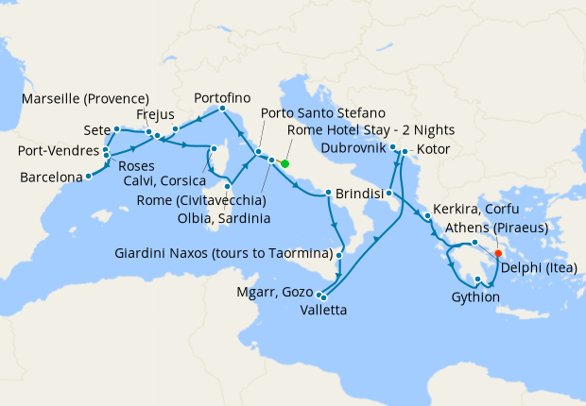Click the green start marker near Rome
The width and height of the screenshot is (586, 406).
285,163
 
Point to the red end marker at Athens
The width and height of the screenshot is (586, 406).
498,252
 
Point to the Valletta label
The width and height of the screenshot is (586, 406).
324,310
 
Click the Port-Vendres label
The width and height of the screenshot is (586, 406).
58,152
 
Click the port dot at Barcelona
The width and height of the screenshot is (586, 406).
88,175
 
